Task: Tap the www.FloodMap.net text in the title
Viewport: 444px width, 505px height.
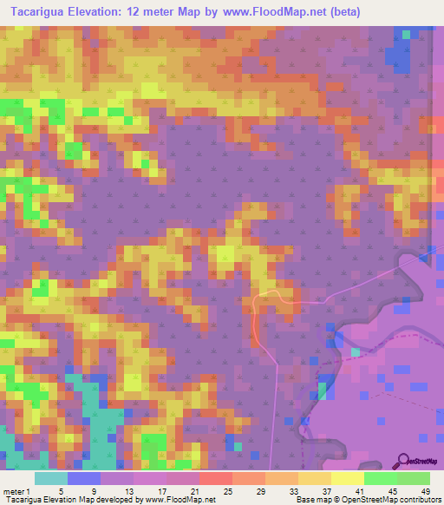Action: (x=266, y=12)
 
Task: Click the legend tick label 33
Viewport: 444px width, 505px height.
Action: (x=291, y=490)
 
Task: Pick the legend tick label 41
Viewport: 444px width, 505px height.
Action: (x=357, y=490)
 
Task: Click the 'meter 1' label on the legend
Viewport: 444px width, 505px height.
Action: (x=17, y=490)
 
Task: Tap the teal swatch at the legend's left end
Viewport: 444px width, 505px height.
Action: (x=51, y=477)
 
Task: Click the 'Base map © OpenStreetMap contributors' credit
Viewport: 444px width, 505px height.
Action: (x=368, y=500)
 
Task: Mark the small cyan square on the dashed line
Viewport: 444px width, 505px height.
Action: (x=356, y=352)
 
